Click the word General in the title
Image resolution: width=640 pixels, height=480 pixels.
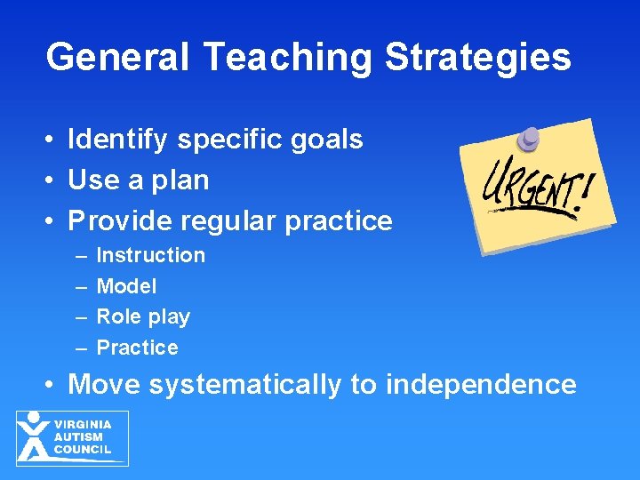pos(116,58)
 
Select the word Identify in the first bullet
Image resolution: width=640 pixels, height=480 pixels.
pos(118,140)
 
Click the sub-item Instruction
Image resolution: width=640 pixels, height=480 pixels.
pos(150,256)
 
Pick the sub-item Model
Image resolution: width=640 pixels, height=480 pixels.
pos(126,286)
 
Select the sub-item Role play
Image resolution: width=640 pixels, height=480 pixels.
pos(143,317)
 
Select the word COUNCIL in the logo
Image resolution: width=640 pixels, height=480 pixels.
pos(83,449)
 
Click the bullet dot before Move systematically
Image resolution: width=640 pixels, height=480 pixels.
pos(54,386)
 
